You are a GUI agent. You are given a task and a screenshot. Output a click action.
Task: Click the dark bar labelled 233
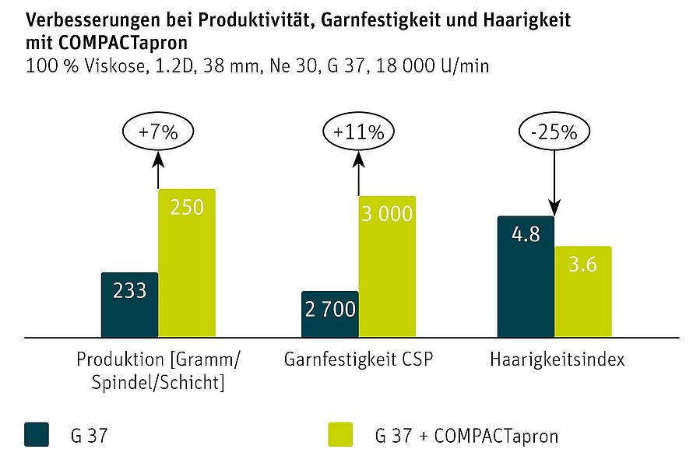[x=130, y=304]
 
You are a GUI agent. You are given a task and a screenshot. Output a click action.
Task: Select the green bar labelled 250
[x=187, y=263]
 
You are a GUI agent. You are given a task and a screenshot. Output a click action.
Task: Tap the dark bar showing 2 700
[x=330, y=314]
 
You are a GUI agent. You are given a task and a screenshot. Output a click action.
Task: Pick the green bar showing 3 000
[x=387, y=266]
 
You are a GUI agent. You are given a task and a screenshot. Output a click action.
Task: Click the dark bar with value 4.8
[x=526, y=276]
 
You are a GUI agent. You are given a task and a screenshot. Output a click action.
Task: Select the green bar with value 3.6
[x=583, y=291]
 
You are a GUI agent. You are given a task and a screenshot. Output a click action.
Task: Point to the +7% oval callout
[x=158, y=132]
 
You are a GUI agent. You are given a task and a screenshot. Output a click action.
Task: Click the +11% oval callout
[x=358, y=132]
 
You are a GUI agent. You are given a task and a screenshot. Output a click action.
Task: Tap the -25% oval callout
[x=554, y=132]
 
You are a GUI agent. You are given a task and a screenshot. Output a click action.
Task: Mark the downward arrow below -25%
[x=554, y=183]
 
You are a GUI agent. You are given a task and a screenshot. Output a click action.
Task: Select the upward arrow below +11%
[x=358, y=173]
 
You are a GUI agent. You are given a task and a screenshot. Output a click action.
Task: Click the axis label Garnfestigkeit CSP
[x=357, y=360]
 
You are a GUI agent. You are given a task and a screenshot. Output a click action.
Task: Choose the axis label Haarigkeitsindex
[x=558, y=360]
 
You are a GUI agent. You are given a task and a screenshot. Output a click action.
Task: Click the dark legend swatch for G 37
[x=37, y=433]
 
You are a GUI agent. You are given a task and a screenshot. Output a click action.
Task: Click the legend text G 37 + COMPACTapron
[x=466, y=435]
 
